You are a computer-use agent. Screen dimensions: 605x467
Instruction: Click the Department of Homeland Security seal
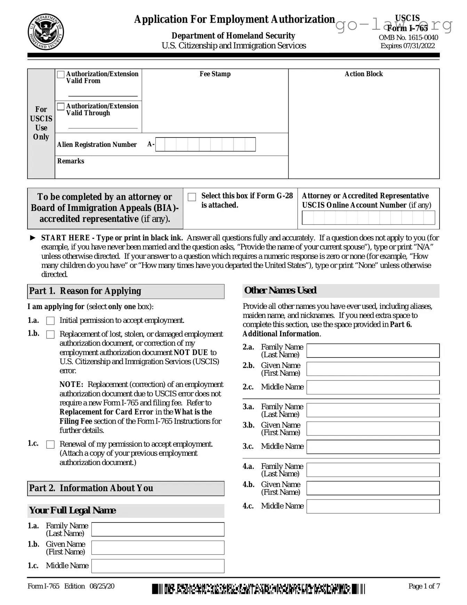tap(46, 32)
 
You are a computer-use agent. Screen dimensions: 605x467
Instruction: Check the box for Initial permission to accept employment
tap(50, 321)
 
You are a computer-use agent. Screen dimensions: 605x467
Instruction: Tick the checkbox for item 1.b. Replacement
tap(50, 335)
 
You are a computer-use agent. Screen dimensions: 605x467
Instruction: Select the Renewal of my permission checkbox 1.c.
tap(50, 445)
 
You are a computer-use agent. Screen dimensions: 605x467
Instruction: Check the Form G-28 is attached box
tap(192, 197)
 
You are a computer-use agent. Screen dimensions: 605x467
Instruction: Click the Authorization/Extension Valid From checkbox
tap(61, 74)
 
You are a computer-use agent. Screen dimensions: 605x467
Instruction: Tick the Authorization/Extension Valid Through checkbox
tap(61, 107)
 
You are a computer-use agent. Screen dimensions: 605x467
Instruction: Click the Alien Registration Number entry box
tap(205, 144)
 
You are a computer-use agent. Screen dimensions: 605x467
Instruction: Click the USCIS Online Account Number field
tap(368, 218)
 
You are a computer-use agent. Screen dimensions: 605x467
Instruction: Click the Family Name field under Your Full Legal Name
tap(158, 529)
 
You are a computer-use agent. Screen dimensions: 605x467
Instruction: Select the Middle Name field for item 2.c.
tap(373, 387)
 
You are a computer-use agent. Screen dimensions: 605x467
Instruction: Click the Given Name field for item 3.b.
tap(373, 429)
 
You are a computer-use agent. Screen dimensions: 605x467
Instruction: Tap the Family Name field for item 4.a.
tap(373, 470)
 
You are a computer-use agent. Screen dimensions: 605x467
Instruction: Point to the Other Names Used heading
tap(280, 291)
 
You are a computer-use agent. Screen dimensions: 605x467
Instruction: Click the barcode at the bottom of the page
tap(258, 589)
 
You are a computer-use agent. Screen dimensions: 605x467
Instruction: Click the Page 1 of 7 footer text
tap(424, 586)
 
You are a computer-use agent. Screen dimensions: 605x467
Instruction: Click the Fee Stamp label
tap(215, 74)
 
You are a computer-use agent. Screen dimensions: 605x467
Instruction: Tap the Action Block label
tap(363, 74)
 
